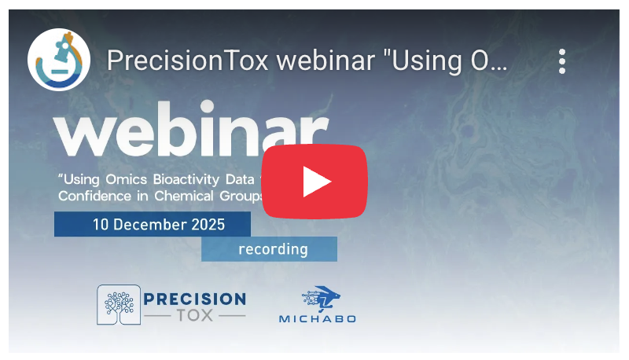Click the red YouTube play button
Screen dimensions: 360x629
[314, 182]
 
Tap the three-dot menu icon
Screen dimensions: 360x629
[561, 61]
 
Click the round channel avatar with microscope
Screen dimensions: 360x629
[58, 61]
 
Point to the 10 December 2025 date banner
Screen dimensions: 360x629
[153, 225]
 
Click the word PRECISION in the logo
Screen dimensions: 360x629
[195, 299]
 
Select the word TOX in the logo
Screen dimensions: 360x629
[195, 315]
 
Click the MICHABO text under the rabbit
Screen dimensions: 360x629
[317, 318]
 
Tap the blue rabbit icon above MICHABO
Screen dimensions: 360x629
[322, 299]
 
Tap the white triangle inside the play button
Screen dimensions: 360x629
[316, 182]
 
